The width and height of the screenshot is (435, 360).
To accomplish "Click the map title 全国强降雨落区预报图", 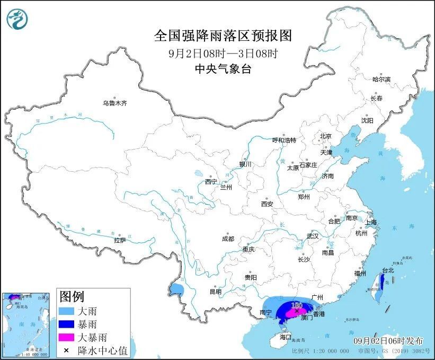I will tap(223, 36).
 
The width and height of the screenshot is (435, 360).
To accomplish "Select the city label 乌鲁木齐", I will tap(115, 103).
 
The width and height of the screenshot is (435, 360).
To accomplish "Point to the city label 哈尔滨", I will tap(381, 80).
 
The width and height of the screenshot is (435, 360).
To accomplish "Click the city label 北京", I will tap(325, 136).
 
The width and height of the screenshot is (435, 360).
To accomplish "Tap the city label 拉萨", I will tap(120, 240).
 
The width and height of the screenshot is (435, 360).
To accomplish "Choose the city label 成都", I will tap(228, 239).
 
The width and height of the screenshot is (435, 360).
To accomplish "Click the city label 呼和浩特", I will tap(284, 141).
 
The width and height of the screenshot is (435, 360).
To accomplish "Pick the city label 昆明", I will tap(215, 292).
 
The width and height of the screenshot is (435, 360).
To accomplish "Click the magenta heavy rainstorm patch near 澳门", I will tap(291, 314).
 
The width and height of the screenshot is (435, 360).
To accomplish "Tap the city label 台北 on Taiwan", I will tap(388, 270).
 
